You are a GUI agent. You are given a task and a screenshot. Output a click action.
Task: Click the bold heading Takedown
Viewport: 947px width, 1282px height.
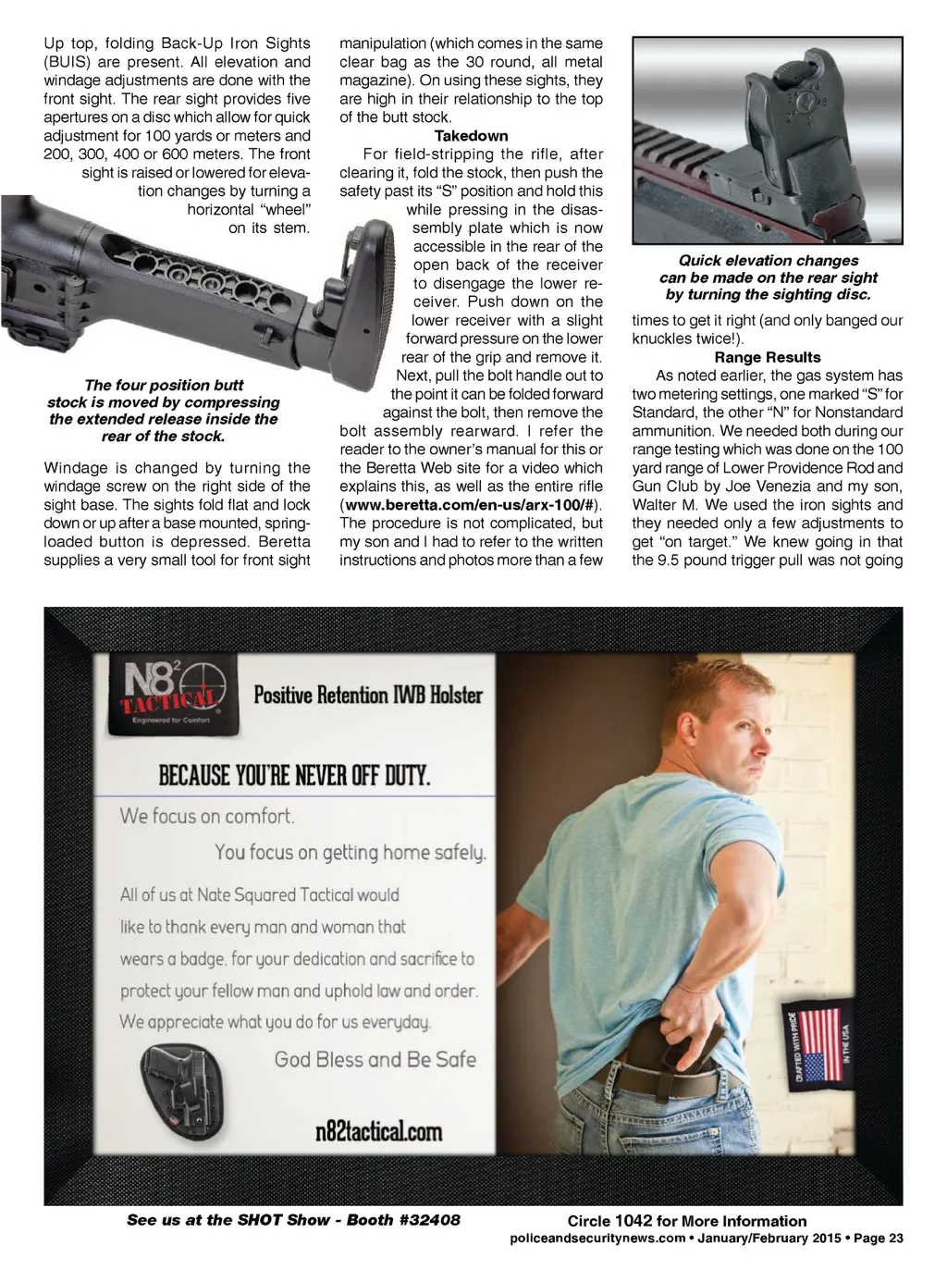pyautogui.click(x=471, y=136)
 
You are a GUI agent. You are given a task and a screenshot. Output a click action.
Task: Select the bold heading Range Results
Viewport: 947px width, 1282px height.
pyautogui.click(x=767, y=357)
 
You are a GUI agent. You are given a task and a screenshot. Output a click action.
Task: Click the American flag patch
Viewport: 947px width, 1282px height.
pyautogui.click(x=820, y=1042)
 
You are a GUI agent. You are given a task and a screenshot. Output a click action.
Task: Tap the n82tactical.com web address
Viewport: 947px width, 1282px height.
pyautogui.click(x=378, y=1131)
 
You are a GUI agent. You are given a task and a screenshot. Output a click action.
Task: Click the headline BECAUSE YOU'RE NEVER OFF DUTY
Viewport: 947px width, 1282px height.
pyautogui.click(x=294, y=774)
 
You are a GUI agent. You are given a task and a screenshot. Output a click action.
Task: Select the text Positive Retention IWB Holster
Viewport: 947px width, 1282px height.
pyautogui.click(x=368, y=695)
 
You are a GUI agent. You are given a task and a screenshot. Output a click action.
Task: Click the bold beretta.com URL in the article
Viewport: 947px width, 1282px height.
pyautogui.click(x=470, y=505)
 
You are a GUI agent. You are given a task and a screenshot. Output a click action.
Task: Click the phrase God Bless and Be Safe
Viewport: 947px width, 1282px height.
pyautogui.click(x=375, y=1060)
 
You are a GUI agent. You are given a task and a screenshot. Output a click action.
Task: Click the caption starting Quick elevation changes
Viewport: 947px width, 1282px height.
pyautogui.click(x=768, y=277)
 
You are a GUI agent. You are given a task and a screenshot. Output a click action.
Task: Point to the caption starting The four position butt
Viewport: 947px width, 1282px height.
pyautogui.click(x=164, y=411)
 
